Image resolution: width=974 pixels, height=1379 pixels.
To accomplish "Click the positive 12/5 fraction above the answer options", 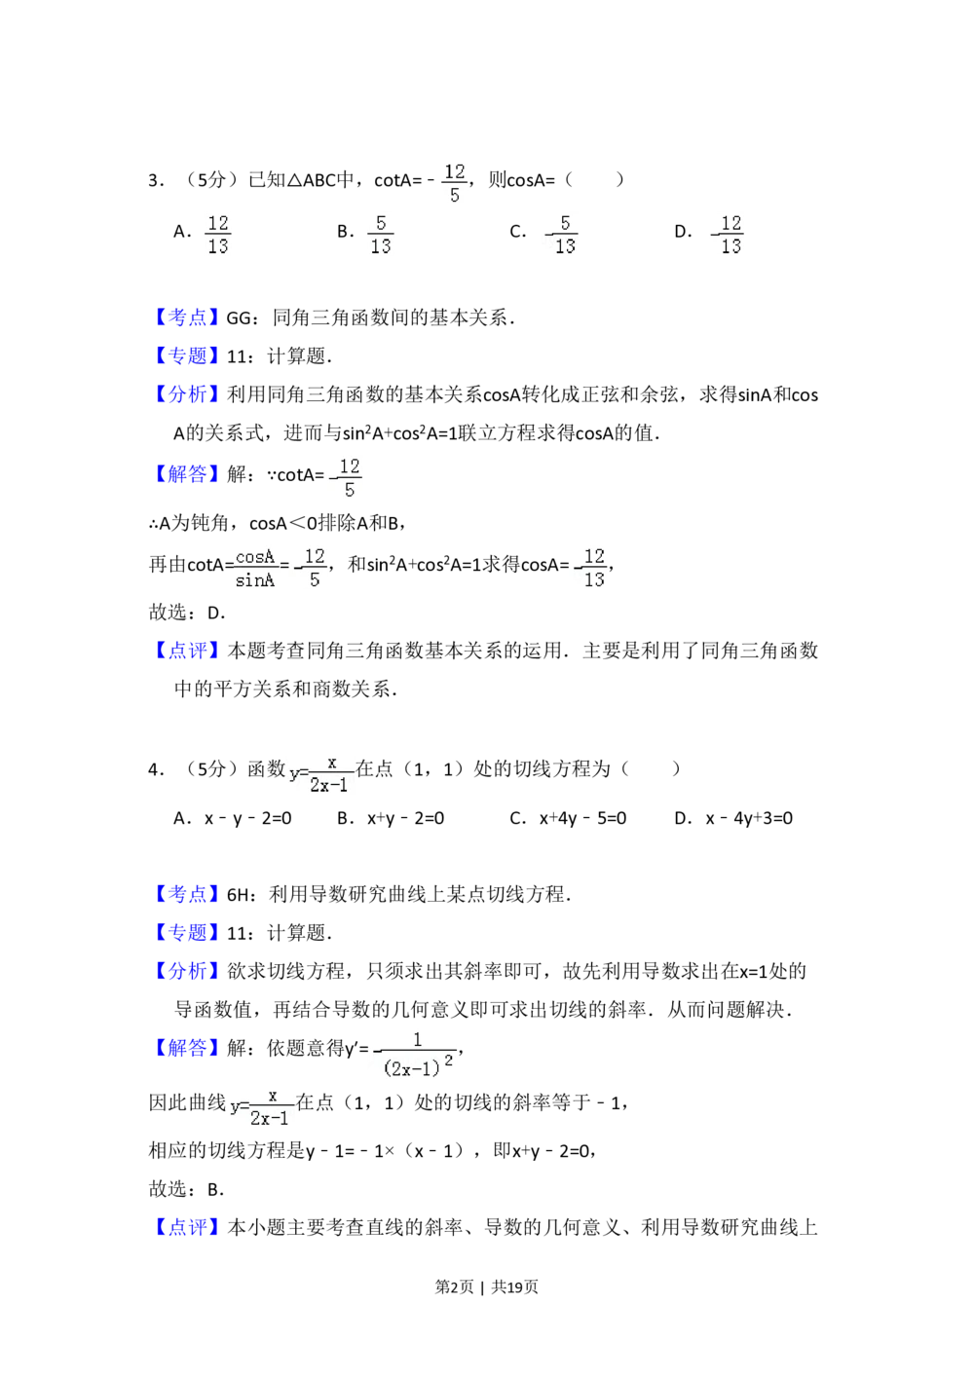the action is point(455,183).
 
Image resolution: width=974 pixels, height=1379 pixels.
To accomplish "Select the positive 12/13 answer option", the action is point(218,235).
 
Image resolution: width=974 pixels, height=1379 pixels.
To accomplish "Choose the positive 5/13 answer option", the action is point(381,235).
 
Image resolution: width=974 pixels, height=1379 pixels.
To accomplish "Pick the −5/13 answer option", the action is point(561,235).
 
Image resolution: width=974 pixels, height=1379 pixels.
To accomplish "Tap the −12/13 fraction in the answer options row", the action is point(725,235).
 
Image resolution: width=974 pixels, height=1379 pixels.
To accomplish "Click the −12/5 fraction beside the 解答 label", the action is point(343,479).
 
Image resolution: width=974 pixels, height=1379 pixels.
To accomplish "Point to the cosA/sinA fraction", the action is point(253,566).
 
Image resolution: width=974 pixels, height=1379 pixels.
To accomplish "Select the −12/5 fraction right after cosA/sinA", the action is point(312,566).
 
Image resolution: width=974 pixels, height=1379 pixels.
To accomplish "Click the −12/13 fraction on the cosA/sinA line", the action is point(584,566).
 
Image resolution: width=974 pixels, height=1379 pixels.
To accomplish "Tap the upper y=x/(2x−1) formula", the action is point(319,771).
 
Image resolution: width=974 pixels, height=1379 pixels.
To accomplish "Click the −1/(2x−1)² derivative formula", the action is point(413,1056).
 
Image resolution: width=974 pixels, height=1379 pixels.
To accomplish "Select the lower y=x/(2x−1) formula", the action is point(261,1106).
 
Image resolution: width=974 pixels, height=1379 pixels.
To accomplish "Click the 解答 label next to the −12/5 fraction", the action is point(187,474).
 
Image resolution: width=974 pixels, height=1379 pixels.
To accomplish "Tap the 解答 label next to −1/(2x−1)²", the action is point(187,1049).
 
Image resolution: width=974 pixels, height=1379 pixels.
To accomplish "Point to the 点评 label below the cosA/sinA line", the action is point(187,651).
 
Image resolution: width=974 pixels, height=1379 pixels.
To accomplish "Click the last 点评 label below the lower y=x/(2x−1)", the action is point(187,1227).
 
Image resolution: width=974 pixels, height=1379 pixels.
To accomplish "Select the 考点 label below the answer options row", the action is point(187,317).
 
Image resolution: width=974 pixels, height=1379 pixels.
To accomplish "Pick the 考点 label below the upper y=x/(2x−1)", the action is point(187,893).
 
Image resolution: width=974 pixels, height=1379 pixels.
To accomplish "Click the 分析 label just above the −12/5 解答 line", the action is point(187,394).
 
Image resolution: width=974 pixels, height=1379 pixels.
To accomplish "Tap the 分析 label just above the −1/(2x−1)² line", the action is point(187,971).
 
